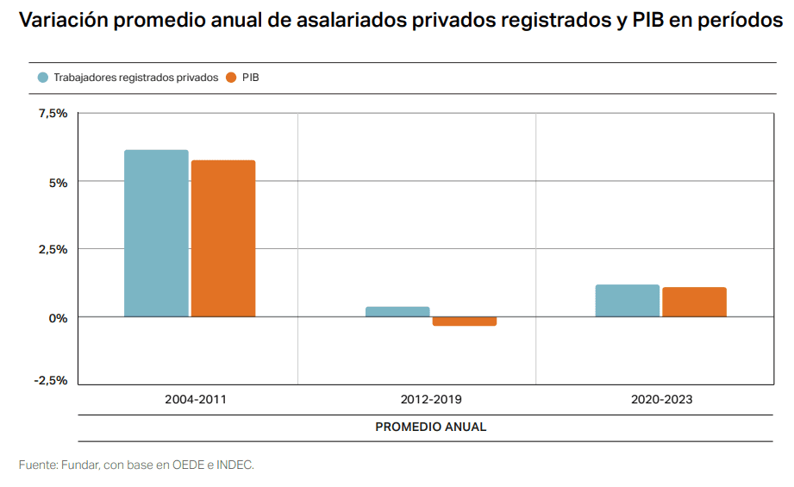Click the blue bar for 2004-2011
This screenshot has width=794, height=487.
pos(156,234)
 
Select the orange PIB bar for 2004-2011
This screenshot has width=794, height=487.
pos(223,239)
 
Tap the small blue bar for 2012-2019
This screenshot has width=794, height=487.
pos(397,312)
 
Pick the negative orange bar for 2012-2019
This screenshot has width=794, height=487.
pos(465,322)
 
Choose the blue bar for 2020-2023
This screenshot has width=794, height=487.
pos(628,301)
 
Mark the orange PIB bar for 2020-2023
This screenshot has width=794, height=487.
pos(695,303)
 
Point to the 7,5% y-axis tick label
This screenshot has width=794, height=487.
pos(52,113)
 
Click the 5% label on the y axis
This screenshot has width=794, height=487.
pos(58,182)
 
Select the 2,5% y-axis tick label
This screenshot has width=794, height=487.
pos(52,249)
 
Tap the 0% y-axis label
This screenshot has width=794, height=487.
pos(58,317)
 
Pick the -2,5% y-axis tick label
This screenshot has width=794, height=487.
pos(50,380)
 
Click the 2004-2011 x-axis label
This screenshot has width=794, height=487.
pos(196,400)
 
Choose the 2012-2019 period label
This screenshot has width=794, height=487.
pos(431,400)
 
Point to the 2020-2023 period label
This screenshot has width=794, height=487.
pos(661,400)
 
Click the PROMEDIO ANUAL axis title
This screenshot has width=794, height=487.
pos(431,427)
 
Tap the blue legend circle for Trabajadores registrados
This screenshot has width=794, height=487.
pos(42,78)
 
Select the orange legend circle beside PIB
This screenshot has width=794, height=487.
pos(231,78)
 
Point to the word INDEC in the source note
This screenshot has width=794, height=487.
pos(234,465)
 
